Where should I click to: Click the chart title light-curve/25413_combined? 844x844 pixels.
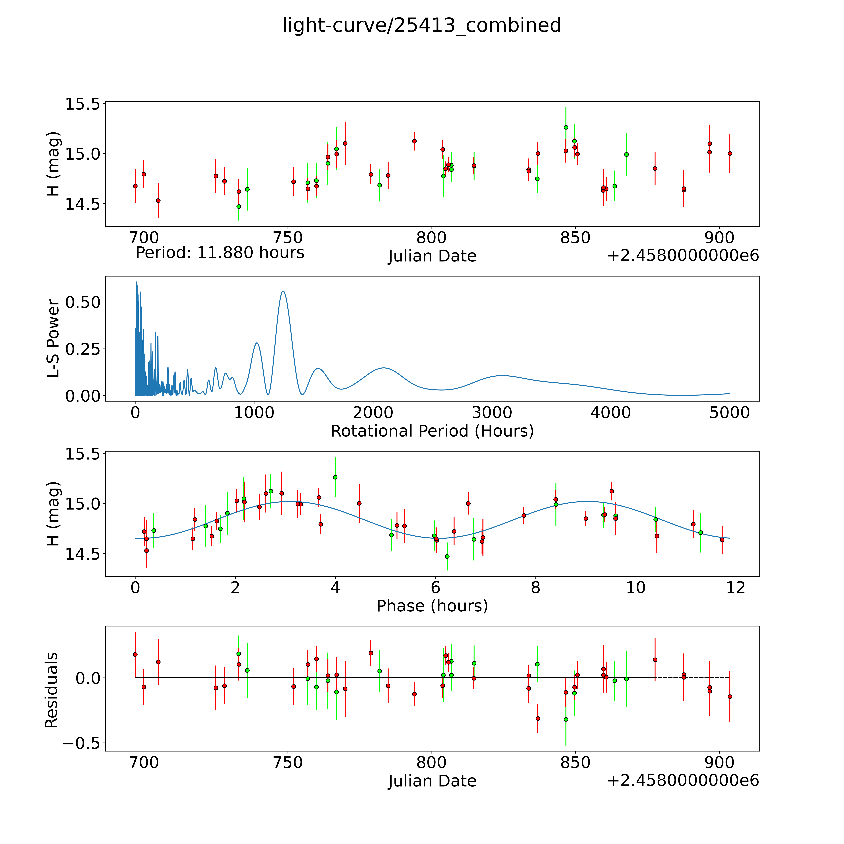[x=422, y=25]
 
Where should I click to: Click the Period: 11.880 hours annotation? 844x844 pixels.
[x=220, y=253]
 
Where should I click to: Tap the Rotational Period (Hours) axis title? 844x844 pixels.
[x=432, y=431]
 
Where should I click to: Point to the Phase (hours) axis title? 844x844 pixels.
[x=432, y=606]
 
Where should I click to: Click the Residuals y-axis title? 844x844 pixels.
[x=52, y=690]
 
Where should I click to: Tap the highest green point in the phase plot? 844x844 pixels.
[x=335, y=477]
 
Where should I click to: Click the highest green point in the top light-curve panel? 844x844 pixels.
[x=566, y=127]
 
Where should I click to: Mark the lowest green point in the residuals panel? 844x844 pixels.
[x=566, y=719]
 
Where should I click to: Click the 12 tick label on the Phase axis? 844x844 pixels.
[x=736, y=588]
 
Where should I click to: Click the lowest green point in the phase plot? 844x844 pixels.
[x=447, y=556]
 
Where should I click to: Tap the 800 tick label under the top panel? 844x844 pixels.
[x=432, y=238]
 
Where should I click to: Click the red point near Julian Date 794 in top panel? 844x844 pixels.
[x=414, y=141]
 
